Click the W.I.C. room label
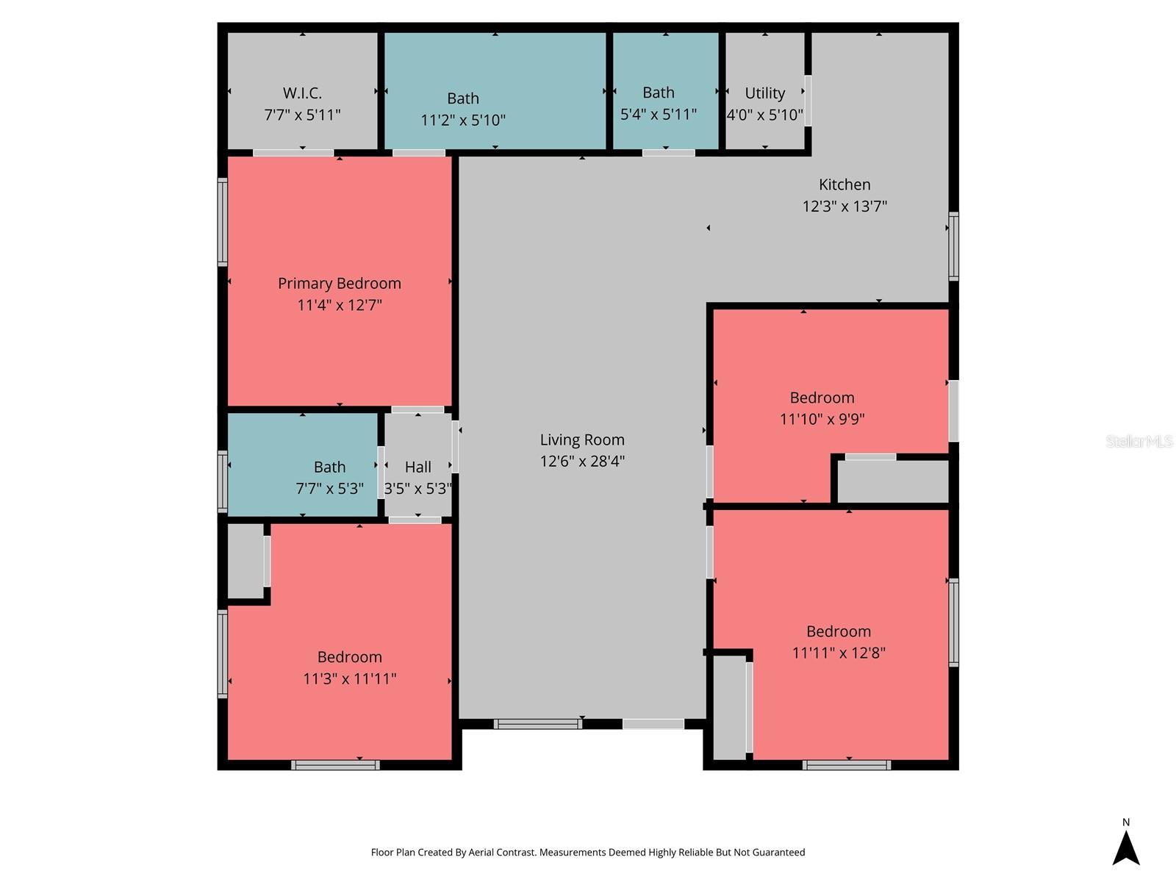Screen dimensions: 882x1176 coord(302,93)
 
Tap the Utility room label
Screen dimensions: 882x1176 coord(764,93)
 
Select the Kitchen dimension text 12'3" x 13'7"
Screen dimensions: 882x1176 coord(845,207)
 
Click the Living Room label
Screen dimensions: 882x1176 coord(582,440)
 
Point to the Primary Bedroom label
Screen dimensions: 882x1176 coord(339,284)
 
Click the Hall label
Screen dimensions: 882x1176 coord(417,467)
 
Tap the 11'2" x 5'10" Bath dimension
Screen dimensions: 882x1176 coord(463,120)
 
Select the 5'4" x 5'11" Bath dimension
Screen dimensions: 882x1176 coord(658,115)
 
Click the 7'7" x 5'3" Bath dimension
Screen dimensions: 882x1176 coord(329,489)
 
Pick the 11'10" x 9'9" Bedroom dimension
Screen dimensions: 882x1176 coord(822,420)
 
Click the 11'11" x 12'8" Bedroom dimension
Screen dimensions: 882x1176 coord(838,653)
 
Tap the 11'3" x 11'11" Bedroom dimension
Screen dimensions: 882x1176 coord(349,678)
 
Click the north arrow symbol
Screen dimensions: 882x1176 coord(1125,847)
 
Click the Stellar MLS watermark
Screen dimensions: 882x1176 coord(1139,441)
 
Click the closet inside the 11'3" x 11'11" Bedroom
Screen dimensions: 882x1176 coord(245,561)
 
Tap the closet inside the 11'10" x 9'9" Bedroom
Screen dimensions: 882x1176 coord(893,481)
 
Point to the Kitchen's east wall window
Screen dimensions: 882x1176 coord(953,246)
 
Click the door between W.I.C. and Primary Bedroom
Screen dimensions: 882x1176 coord(293,153)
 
